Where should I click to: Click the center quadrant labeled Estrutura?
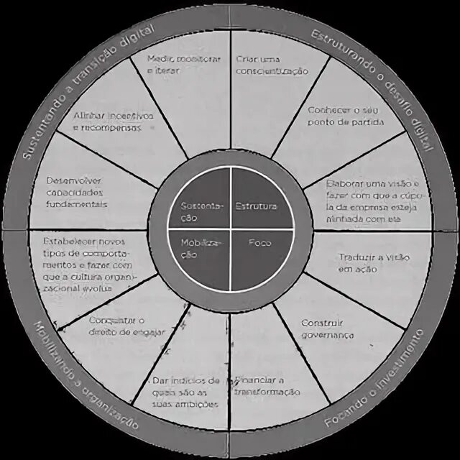click(256, 207)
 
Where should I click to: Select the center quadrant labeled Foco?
click(259, 243)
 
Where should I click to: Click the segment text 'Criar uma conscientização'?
click(271, 65)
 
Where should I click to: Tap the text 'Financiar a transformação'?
click(266, 386)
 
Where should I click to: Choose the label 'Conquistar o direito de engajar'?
click(126, 326)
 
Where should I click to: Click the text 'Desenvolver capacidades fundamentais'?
click(76, 192)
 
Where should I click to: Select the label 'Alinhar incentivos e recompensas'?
click(113, 121)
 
